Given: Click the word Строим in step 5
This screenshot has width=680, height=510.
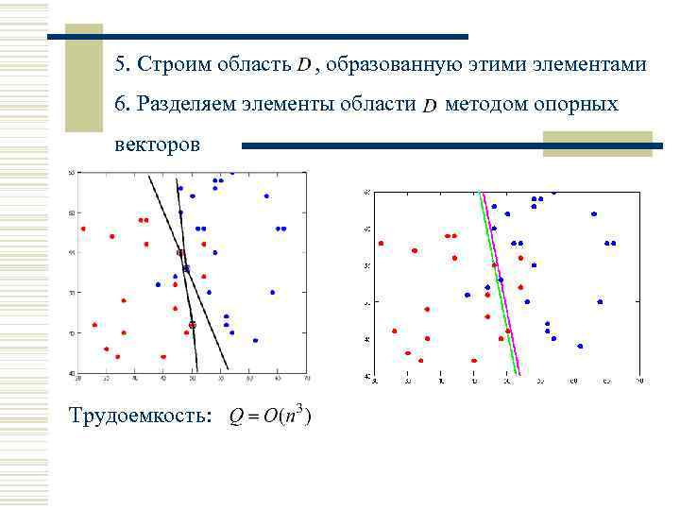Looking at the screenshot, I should [x=176, y=65].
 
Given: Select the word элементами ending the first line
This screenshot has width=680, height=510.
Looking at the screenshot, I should [x=586, y=65].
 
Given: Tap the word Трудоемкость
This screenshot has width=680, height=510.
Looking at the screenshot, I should [x=141, y=416].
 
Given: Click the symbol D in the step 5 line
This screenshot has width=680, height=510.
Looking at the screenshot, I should [x=304, y=66].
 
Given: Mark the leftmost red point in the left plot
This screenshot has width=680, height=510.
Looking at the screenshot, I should [x=83, y=229].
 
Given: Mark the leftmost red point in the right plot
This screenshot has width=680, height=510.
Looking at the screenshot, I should [x=381, y=244].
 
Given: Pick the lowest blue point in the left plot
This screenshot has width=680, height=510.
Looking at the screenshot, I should [x=255, y=340].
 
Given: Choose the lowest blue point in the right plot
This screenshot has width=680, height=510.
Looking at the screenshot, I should [x=580, y=346].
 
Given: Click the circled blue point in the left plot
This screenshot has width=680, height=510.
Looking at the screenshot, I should [x=186, y=269].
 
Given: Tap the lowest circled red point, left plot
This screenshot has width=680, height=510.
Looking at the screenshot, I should [x=192, y=325].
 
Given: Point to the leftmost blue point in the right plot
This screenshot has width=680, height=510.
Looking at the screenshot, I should [x=467, y=295].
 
